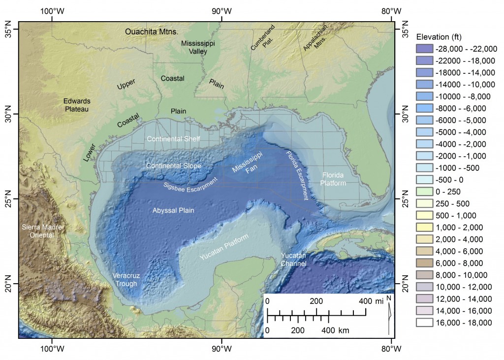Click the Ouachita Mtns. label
(151, 32)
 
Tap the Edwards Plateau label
(76, 105)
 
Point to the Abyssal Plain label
(173, 210)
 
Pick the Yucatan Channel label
(293, 260)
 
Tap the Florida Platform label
(334, 179)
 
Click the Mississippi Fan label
(248, 164)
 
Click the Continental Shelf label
(173, 139)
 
